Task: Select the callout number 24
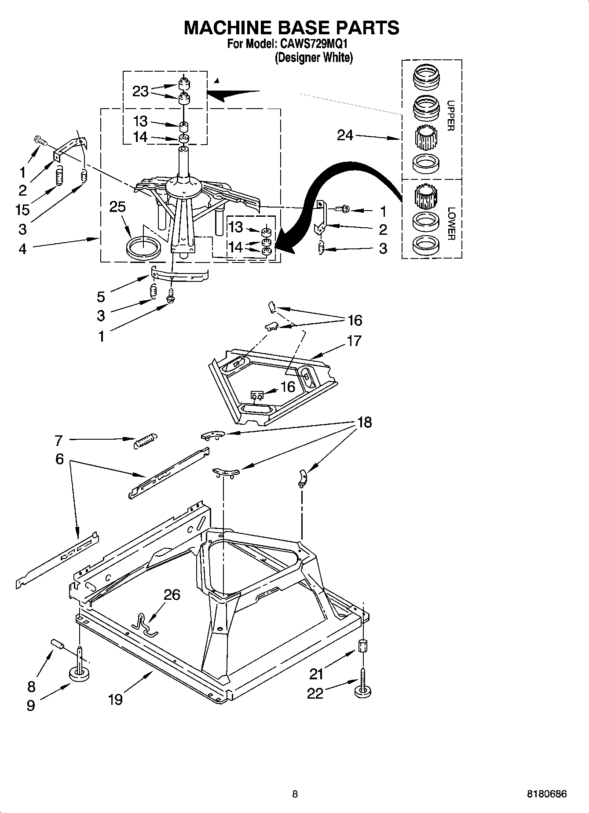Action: (x=345, y=135)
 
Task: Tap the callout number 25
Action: (x=117, y=207)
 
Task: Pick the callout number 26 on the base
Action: (x=172, y=594)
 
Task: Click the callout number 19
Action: (x=115, y=699)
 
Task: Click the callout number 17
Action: (x=354, y=340)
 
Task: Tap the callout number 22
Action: (x=315, y=693)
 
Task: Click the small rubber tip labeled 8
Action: (x=58, y=645)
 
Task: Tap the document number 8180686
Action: (x=547, y=794)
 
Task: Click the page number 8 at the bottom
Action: (x=295, y=794)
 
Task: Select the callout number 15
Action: (x=22, y=209)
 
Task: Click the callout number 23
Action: (x=140, y=91)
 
